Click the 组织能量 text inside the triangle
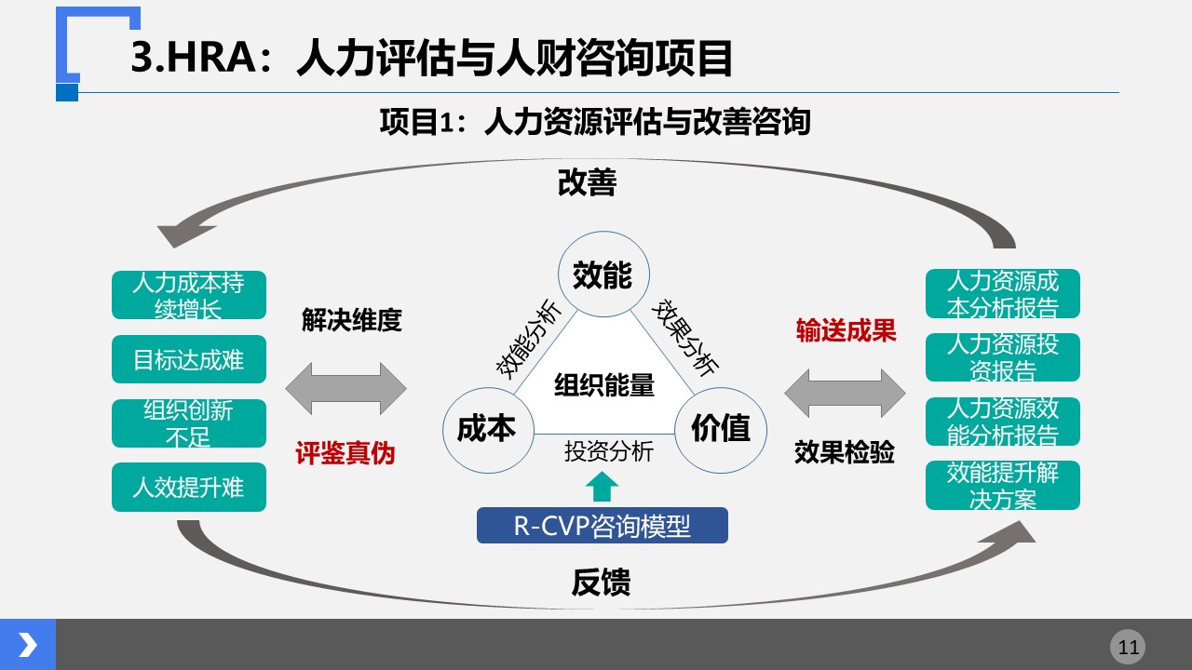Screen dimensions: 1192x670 point(604,385)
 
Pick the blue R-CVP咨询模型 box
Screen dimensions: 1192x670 point(603,526)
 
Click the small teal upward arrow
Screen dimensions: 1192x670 point(602,487)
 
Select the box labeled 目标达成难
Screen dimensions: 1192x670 point(189,359)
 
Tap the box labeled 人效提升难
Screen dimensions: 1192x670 point(189,487)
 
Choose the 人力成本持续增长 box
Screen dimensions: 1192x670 point(189,295)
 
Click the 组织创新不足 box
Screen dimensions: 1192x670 point(189,423)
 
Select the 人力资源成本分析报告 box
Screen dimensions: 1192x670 point(1003,294)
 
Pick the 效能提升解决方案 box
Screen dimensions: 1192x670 point(1003,486)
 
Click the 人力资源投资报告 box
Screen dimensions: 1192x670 point(1003,357)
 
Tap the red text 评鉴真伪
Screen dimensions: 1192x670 point(345,453)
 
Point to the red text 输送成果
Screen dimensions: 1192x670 point(847,330)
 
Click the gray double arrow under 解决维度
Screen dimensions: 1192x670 point(345,389)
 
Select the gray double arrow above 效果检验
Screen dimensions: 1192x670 point(845,394)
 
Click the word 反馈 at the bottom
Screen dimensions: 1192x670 point(602,583)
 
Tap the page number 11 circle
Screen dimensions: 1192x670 point(1128,647)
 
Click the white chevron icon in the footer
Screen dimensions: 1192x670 point(28,645)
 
